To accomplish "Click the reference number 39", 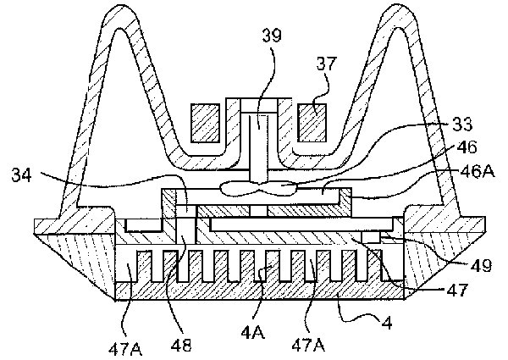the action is tap(272, 36).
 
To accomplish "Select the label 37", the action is tap(327, 64).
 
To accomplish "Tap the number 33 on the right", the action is tap(462, 124).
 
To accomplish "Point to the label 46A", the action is tap(478, 171).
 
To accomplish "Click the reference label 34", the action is tap(22, 175).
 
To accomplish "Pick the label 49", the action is tap(482, 265).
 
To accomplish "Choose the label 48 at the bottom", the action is tap(181, 345).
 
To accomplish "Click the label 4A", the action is tap(252, 331).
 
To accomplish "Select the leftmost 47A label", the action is tap(125, 349).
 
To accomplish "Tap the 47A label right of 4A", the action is tap(308, 346).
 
